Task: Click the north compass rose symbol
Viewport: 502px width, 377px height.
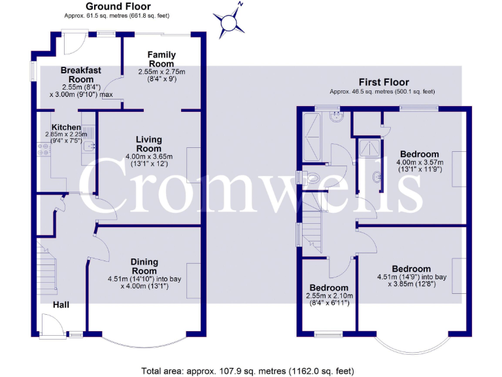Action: (x=229, y=22)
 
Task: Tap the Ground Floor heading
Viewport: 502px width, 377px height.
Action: (x=118, y=6)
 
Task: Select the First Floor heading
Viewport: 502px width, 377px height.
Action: (x=384, y=82)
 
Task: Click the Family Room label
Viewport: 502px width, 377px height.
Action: (x=161, y=59)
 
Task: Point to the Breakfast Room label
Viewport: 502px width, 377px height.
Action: (x=81, y=75)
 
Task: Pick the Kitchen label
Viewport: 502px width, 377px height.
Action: (x=66, y=127)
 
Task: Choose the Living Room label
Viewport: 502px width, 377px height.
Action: (x=149, y=144)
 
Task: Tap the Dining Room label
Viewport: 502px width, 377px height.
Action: (x=144, y=266)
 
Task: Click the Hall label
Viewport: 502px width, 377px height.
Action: (x=61, y=304)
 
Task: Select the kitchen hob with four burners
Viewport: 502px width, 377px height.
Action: (x=44, y=149)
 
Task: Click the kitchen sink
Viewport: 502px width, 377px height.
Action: (x=89, y=147)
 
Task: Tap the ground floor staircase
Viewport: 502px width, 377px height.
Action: (x=47, y=268)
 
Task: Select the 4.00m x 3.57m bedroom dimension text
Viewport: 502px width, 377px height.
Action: (x=420, y=166)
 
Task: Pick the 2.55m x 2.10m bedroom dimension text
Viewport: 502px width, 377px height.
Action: (x=329, y=299)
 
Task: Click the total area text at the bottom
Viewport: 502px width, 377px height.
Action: (x=248, y=371)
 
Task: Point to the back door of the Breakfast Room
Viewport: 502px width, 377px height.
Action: (x=75, y=42)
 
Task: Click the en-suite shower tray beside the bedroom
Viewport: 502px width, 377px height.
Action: (x=370, y=147)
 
